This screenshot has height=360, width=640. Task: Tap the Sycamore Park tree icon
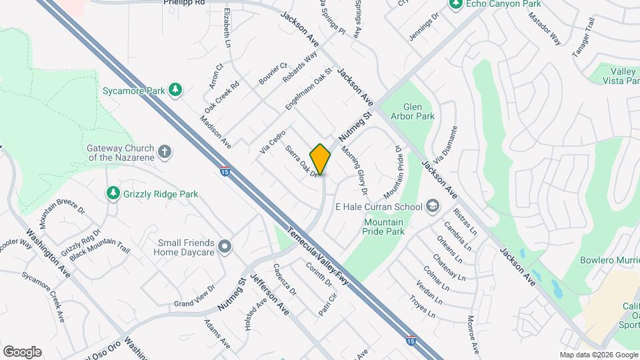point(175,89)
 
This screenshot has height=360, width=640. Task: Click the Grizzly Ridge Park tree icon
point(113,193)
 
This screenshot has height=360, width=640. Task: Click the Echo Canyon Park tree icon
point(456,5)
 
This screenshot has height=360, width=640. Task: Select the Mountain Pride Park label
point(383,227)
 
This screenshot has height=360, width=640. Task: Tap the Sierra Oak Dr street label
point(302,162)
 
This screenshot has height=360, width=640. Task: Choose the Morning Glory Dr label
point(355,169)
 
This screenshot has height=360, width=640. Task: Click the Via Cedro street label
point(273,143)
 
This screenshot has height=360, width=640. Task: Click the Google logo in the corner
point(22,352)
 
